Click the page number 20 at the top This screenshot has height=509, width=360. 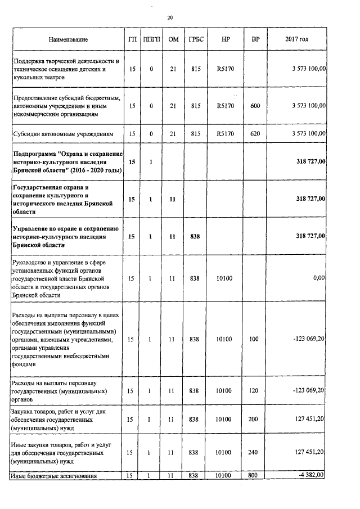point(170,18)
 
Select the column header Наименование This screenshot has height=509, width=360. point(68,39)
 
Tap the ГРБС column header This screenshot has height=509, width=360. point(195,39)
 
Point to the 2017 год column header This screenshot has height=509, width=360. point(297,39)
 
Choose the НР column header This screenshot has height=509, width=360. point(225,39)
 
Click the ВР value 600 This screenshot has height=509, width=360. point(255,105)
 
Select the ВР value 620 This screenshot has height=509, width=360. point(255,134)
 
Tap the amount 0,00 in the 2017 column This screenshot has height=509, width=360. point(319,278)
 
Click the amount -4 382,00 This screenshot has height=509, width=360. point(309,476)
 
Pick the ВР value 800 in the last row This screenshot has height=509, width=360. point(255,476)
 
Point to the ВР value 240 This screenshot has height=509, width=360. point(255,452)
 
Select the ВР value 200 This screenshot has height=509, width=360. point(255,419)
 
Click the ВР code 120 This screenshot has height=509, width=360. point(255,390)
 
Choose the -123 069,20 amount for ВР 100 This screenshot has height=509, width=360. point(307,339)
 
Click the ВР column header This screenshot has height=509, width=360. point(255,39)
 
